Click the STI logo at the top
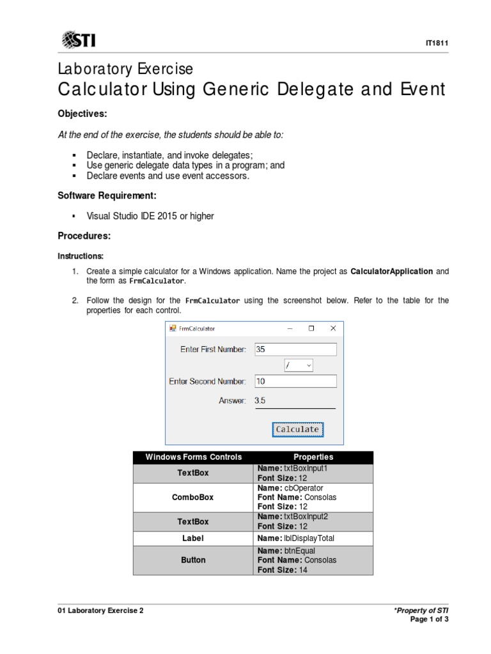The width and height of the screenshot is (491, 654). (x=79, y=41)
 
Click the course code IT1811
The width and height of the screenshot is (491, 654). (x=437, y=43)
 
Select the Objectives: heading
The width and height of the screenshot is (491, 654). (x=82, y=114)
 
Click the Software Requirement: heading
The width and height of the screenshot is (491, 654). (x=107, y=195)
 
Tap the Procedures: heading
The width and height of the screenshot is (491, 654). (x=84, y=236)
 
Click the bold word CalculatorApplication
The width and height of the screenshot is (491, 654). (x=392, y=271)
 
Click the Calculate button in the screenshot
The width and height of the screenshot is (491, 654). (x=297, y=430)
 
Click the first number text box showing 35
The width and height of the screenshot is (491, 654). (x=295, y=349)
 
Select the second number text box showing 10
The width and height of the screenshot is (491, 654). (x=295, y=381)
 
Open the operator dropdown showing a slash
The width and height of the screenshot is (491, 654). (x=299, y=365)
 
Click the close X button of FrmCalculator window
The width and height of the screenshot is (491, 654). (x=332, y=329)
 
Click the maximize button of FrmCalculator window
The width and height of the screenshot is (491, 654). (x=311, y=329)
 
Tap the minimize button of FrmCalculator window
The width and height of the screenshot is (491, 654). (x=290, y=329)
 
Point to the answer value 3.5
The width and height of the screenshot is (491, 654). (x=260, y=400)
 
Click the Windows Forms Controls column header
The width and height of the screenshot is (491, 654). (x=193, y=457)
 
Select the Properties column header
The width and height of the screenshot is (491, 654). (x=313, y=457)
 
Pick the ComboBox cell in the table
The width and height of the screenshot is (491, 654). (x=193, y=497)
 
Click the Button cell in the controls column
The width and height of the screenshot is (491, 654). (x=193, y=560)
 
